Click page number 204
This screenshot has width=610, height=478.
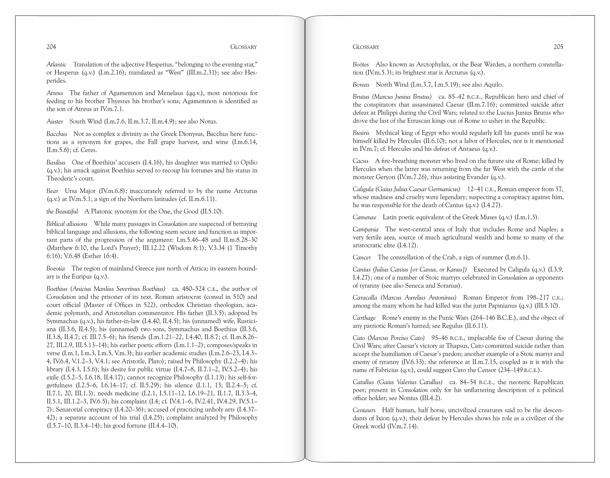51,47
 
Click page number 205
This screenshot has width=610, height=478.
558,47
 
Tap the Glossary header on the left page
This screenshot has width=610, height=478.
243,47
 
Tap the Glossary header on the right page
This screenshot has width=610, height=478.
366,47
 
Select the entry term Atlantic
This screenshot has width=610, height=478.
57,64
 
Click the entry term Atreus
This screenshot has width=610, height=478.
55,93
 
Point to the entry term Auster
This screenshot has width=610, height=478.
55,121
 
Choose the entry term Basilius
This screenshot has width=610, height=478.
56,162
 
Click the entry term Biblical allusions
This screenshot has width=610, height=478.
67,224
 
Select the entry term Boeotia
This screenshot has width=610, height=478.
56,268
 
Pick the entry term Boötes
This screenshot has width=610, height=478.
361,64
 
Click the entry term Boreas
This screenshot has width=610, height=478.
361,85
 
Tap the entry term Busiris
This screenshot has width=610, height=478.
361,133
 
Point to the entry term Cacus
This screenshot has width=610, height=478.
360,161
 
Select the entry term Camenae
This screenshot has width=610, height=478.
364,217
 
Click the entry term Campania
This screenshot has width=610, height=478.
365,229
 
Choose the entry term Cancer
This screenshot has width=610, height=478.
362,257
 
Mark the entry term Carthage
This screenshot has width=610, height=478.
364,318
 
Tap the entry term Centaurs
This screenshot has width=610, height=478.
364,410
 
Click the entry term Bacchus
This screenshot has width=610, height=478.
57,134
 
